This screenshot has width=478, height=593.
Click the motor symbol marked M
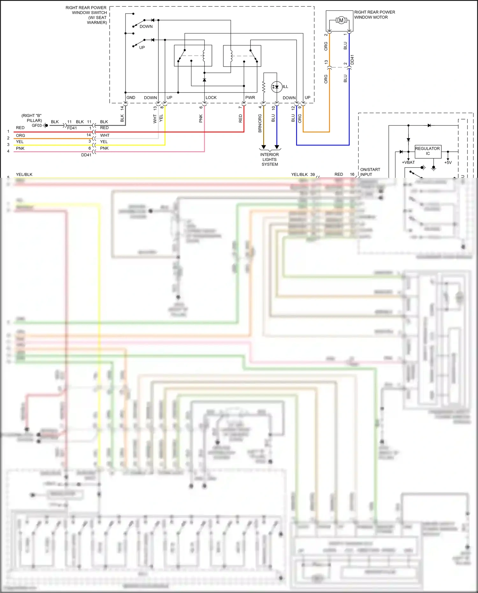point(341,20)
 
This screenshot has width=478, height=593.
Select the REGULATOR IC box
point(428,151)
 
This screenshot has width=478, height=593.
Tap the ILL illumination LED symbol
point(276,87)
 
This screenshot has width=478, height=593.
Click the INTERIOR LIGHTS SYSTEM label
point(270,159)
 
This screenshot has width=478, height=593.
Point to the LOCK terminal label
point(211,98)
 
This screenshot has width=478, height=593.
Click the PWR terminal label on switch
point(250,98)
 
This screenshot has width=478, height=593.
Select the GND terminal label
point(131,98)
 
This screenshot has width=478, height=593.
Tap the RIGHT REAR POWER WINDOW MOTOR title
point(374,15)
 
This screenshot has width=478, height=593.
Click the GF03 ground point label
point(37,126)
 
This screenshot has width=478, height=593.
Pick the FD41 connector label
point(72,128)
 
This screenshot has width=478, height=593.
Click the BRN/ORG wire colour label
point(260,123)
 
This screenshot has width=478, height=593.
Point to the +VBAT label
point(408,163)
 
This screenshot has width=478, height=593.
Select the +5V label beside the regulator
point(448,163)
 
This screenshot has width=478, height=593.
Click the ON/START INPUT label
point(370,172)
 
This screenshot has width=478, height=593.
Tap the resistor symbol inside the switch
point(264,87)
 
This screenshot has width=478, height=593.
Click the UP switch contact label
point(142,47)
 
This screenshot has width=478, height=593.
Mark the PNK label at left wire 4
point(20,148)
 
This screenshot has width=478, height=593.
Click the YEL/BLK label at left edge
point(24,175)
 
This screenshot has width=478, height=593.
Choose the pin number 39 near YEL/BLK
point(312,175)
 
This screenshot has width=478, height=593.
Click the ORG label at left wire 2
point(20,135)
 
